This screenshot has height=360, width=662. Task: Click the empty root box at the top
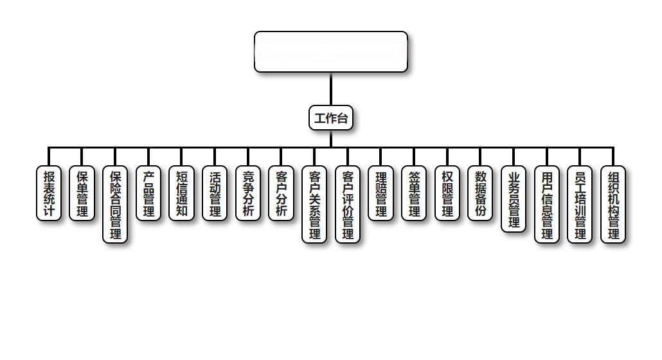point(331,51)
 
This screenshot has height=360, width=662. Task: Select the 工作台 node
point(331,118)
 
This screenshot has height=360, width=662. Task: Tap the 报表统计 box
point(49,193)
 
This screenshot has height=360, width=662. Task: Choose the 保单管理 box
point(82,193)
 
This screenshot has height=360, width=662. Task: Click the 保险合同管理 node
point(116,204)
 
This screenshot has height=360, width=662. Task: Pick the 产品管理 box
point(148,193)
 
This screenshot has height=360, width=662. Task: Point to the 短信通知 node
point(182,193)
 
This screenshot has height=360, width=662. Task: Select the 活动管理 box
point(215,193)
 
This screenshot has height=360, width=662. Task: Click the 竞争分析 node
point(248,193)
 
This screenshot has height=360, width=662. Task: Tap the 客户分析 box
point(282,193)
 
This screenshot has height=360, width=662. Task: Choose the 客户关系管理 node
point(315,204)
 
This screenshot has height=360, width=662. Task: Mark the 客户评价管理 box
point(348,204)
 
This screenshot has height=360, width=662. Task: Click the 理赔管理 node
point(381,193)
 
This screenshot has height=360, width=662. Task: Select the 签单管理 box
point(415,193)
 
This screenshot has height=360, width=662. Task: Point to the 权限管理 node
point(447,193)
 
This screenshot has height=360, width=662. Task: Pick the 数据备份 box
point(481,193)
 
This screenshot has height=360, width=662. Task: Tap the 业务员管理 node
point(514,199)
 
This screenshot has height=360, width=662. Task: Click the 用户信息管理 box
point(547,204)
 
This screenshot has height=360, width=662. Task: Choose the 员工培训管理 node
point(580,204)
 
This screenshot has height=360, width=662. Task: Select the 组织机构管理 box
point(614,204)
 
